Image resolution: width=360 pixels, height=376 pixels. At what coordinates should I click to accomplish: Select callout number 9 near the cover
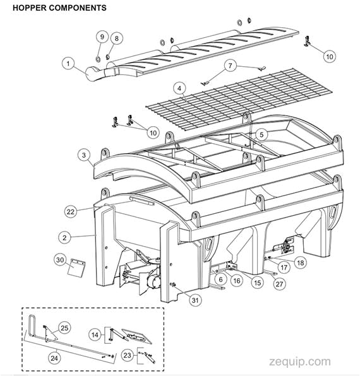(x=101, y=37)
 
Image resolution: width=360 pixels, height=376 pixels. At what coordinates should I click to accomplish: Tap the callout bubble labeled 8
(x=115, y=38)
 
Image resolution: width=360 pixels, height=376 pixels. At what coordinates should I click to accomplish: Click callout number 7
(x=231, y=65)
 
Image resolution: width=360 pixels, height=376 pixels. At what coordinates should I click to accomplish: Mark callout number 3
(x=83, y=154)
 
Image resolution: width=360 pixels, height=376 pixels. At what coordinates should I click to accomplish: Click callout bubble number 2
(x=64, y=237)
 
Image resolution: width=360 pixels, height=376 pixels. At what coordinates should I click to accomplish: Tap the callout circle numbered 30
(x=60, y=259)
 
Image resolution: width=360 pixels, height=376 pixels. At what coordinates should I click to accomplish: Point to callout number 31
(x=195, y=300)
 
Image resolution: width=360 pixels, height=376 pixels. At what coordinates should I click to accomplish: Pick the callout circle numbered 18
(x=300, y=262)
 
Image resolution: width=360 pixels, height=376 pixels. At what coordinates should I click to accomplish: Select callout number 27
(x=279, y=284)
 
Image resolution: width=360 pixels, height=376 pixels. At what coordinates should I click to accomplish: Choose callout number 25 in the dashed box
(x=66, y=327)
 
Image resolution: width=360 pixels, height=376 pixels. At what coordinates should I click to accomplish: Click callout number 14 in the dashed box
(x=95, y=333)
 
